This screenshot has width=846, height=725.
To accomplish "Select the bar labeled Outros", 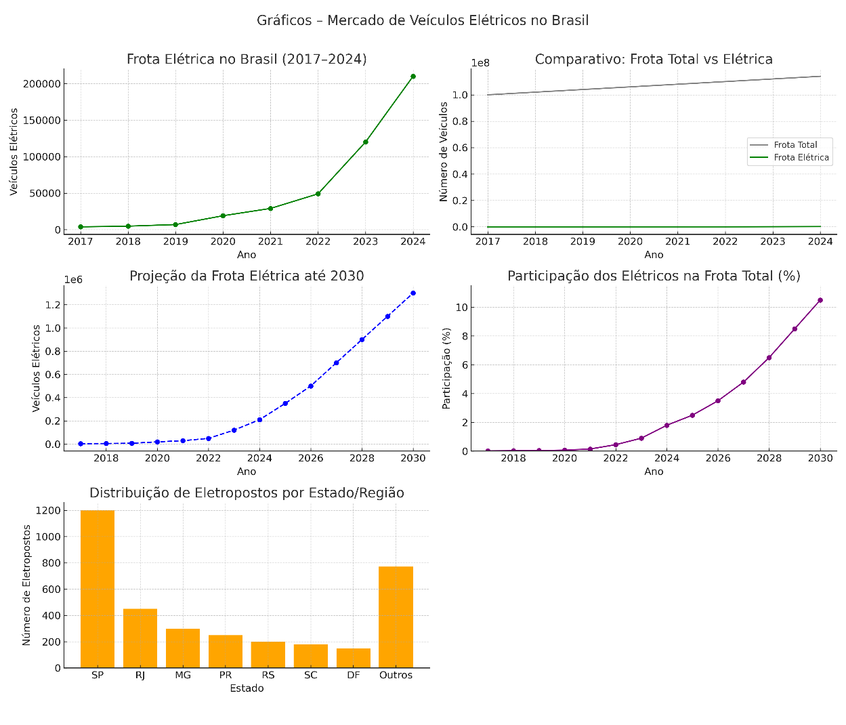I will point(396,617).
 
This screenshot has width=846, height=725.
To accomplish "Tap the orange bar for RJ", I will point(140,638).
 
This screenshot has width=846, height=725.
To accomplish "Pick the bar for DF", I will point(354,658).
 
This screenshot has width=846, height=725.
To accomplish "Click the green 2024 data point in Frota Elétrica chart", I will point(413,77).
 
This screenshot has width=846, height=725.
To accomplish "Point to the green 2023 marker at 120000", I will point(366,142).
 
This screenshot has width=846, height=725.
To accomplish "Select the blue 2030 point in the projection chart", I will point(413,293).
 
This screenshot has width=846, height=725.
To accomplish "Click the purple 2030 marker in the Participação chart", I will point(820,300).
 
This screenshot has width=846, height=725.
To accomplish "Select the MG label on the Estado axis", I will point(183,676).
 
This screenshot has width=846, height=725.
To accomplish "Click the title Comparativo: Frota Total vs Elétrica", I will point(654,60).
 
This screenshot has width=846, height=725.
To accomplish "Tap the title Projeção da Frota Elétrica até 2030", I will point(247,276).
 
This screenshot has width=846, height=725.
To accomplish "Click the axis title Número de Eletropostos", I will point(27,585).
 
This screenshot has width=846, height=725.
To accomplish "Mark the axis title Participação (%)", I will point(446,368).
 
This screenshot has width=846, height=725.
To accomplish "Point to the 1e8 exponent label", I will point(480,63).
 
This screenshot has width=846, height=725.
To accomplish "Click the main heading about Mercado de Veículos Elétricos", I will point(423,20).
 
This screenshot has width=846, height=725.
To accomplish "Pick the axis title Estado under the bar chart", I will point(247,688).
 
